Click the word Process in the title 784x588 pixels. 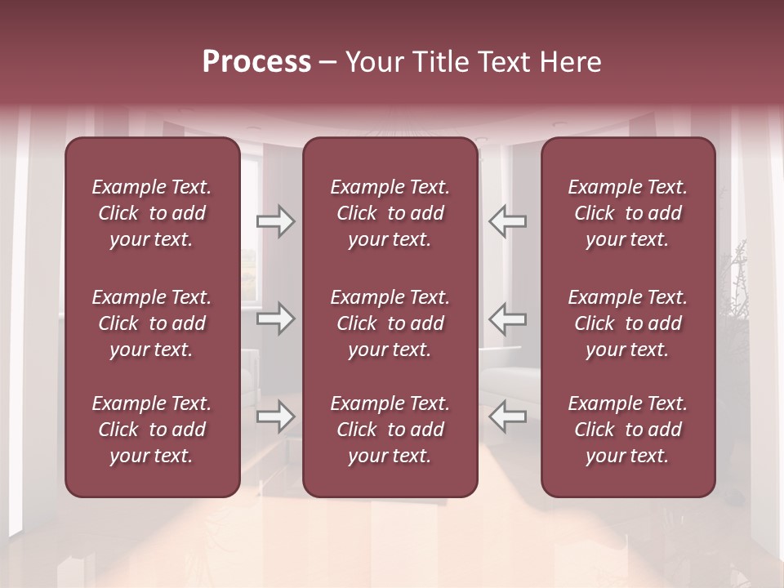click(x=256, y=62)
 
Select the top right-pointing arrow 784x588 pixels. click(x=276, y=221)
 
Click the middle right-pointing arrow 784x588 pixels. click(x=276, y=318)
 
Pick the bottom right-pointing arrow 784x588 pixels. click(x=276, y=416)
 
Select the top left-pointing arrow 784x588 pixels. click(x=507, y=221)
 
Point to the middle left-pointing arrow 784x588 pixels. click(x=507, y=318)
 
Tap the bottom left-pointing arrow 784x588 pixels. click(x=507, y=416)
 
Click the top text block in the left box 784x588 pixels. click(x=152, y=213)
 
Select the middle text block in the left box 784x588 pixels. click(x=152, y=323)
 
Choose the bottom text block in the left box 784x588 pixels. click(x=152, y=430)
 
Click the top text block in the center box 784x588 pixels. click(x=390, y=213)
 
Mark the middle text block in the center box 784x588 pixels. click(x=390, y=323)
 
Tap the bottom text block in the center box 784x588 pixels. click(x=390, y=430)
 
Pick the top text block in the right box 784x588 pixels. click(x=628, y=213)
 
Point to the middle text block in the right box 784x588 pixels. click(x=628, y=323)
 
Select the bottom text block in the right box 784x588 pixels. click(x=628, y=430)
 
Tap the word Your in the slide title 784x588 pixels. click(x=371, y=62)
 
